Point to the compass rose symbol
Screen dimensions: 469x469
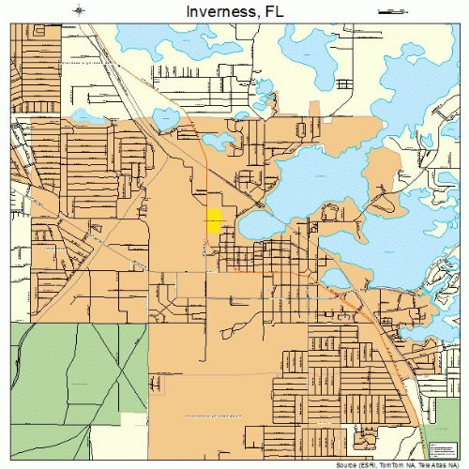tap(80, 11)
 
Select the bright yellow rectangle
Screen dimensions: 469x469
tap(214, 221)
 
